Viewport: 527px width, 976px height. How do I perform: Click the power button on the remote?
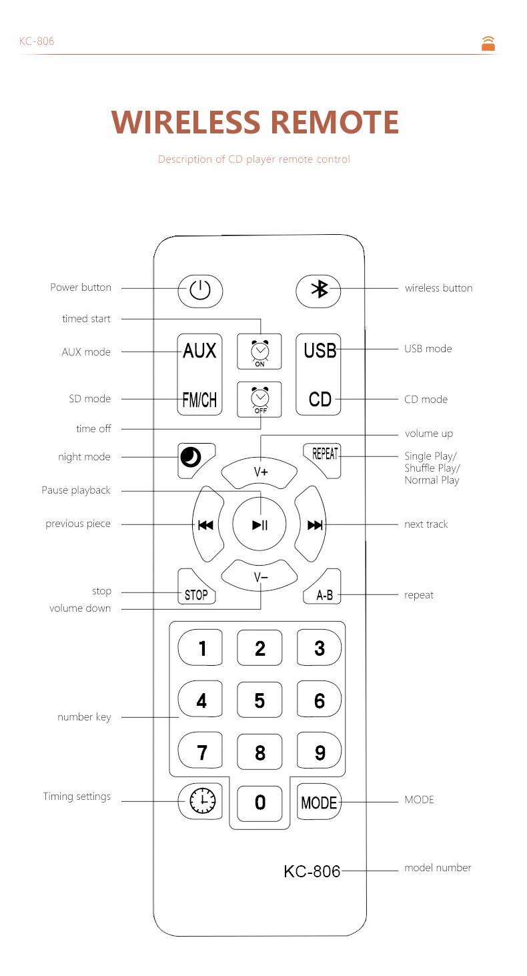pos(200,291)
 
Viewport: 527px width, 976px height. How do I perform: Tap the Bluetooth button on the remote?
pos(318,291)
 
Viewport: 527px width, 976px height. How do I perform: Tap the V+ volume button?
pos(259,473)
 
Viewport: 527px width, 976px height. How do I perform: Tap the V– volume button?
pos(259,576)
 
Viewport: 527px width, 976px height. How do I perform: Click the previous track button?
pos(207,524)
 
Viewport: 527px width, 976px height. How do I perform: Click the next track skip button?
pos(311,524)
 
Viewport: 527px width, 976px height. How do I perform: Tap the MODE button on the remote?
pos(319,802)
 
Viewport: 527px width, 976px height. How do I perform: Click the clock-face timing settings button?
pos(200,801)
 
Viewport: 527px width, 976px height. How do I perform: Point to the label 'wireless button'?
pos(438,288)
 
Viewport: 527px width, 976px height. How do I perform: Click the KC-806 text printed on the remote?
pos(312,871)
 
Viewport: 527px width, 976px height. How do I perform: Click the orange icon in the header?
pos(488,43)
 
